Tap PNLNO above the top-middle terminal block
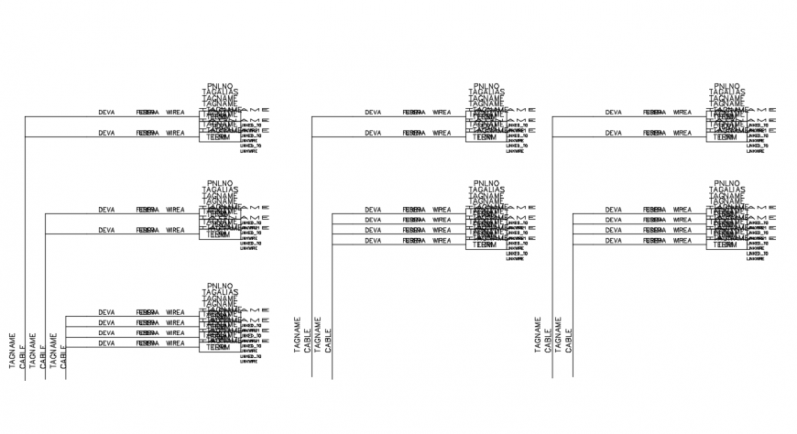tap(486, 85)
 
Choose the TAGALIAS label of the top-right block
tap(726, 92)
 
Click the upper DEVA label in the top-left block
tap(106, 113)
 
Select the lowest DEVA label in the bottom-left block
tap(106, 343)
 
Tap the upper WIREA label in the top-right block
tap(682, 113)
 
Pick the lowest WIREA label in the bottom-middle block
tap(442, 241)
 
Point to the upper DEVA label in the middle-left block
tap(106, 210)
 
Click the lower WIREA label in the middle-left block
tap(175, 230)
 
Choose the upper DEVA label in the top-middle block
tap(373, 113)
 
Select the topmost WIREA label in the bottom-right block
tap(682, 210)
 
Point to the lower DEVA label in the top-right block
tap(613, 133)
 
